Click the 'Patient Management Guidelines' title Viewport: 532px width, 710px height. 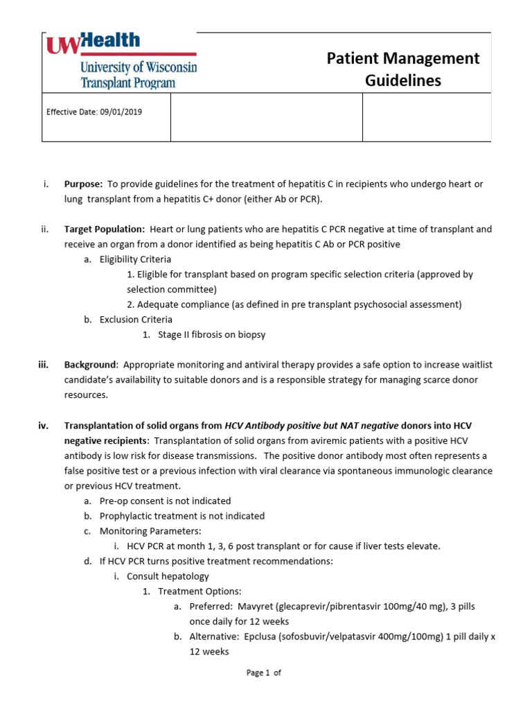click(403, 69)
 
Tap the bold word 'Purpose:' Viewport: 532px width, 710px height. click(84, 184)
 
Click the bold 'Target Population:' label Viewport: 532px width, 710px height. click(105, 229)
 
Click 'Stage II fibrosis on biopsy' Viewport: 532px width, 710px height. click(211, 335)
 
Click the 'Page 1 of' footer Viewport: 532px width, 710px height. click(264, 673)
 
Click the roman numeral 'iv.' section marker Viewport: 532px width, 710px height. click(43, 425)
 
